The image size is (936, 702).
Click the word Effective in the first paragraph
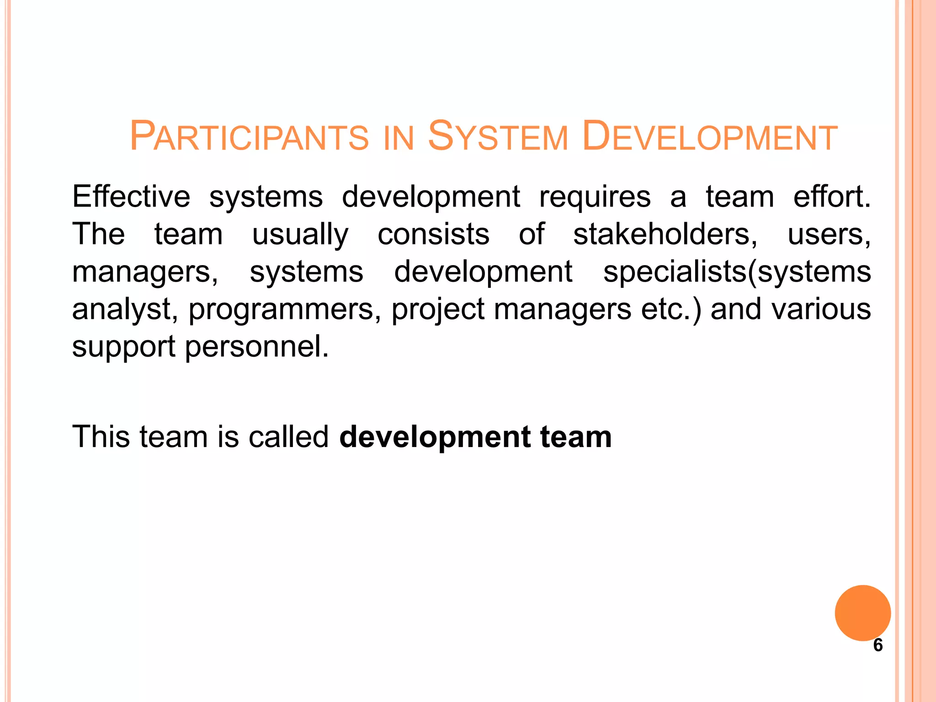click(131, 197)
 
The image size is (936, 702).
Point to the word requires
click(595, 197)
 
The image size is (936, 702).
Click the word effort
click(832, 197)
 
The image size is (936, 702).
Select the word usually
click(300, 235)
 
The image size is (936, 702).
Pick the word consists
click(433, 234)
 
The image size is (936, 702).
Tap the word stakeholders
click(665, 235)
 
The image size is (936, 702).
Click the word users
click(829, 235)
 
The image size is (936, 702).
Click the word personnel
click(256, 347)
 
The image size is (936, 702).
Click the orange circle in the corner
click(862, 612)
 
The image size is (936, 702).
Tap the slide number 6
click(878, 645)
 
